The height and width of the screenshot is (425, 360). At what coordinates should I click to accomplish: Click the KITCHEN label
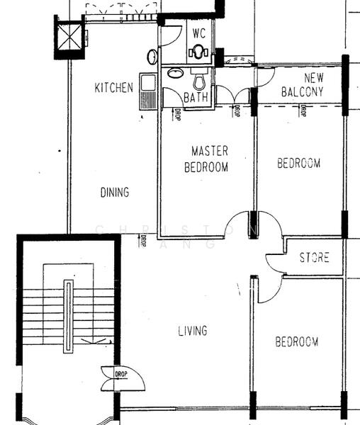pos(113,88)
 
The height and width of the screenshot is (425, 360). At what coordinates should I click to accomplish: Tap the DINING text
pos(114,192)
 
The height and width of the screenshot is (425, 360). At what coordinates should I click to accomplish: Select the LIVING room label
pos(192,331)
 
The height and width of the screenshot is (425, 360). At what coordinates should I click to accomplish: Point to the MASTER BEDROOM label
pos(206,159)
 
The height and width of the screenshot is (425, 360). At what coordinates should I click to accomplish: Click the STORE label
pos(313,258)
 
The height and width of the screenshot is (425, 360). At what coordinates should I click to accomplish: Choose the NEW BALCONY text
pos(303,85)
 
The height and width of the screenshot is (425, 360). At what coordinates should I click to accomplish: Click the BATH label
pos(196,98)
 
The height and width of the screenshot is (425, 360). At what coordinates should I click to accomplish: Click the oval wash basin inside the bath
pos(174,74)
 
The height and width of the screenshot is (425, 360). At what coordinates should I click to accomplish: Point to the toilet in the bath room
pos(200,76)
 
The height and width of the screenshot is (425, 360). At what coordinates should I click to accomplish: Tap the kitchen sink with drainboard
pos(147,92)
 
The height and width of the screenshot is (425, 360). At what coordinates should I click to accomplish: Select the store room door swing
pos(274,262)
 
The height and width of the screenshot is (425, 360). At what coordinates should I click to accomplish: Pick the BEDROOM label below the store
pos(296,342)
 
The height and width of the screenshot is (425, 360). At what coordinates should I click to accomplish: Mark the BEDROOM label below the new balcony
pos(298,163)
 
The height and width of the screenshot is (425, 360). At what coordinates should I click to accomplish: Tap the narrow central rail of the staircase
pos(69,316)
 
